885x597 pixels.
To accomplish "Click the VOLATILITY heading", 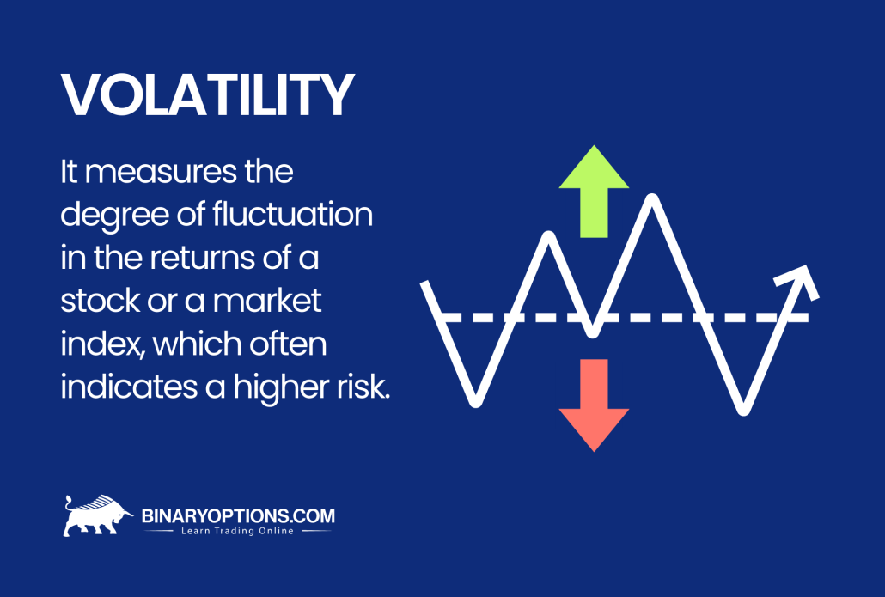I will pos(206,95).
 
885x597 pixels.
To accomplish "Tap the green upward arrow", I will pos(594,191).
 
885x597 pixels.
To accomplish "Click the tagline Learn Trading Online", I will pos(238,532).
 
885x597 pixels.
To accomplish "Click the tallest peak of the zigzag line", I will pos(654,199).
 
